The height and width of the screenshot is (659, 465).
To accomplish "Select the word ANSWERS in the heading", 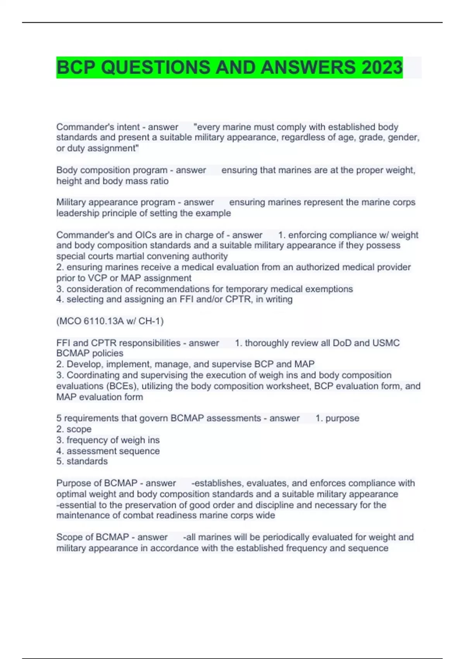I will (x=308, y=67).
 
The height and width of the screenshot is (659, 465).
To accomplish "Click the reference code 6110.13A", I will (x=102, y=321).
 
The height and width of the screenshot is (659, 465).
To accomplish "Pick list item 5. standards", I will (x=82, y=461).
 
